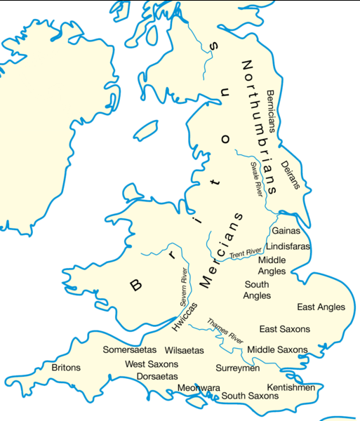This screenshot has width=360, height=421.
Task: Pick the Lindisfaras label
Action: (288, 246)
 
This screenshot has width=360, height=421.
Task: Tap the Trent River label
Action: (245, 251)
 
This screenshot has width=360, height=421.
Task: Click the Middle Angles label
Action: (272, 265)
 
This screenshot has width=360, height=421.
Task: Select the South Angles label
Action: (257, 290)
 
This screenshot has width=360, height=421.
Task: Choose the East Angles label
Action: (321, 307)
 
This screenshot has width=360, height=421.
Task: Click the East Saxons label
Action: (284, 329)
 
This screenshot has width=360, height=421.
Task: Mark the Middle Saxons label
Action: (277, 349)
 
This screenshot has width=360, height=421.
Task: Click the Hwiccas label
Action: (185, 316)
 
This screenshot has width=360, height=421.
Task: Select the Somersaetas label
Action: (131, 349)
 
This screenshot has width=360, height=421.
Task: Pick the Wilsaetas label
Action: (184, 349)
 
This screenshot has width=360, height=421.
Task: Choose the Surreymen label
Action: (238, 368)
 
